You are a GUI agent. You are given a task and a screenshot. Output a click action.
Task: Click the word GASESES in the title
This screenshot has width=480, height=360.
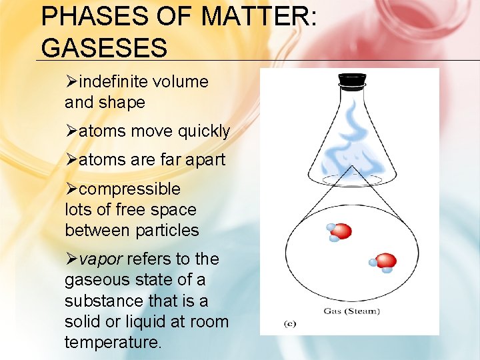[x=103, y=47]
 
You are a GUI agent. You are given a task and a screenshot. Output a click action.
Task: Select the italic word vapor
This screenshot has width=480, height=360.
[x=101, y=259]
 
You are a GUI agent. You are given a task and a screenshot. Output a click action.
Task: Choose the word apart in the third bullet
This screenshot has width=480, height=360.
[x=207, y=160]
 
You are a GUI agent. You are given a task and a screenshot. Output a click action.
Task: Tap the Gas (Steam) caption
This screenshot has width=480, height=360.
[x=351, y=311]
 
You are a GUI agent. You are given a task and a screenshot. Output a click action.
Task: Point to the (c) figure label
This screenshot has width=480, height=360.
[x=290, y=324]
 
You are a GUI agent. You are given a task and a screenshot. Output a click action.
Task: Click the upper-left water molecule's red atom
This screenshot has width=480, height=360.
[x=341, y=231]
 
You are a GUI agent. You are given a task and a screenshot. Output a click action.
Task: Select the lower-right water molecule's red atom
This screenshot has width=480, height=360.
[x=386, y=261]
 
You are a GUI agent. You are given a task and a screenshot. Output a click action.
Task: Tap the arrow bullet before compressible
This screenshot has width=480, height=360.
[x=71, y=189]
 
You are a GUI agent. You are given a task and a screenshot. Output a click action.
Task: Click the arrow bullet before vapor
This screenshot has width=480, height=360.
[x=71, y=259]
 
